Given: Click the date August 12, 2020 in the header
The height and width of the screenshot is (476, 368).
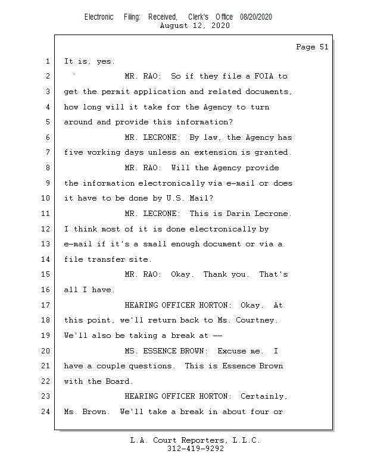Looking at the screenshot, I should [195, 26].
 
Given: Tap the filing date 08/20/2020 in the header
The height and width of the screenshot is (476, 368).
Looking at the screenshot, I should [256, 17].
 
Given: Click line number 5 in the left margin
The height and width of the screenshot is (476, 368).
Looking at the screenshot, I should [48, 123].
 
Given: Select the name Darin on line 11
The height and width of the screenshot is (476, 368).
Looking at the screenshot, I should [238, 214].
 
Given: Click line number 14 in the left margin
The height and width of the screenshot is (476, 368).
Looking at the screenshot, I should [46, 259].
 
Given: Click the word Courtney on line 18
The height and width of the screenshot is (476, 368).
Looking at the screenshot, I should [257, 320].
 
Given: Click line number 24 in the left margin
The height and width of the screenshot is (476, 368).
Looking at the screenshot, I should [46, 412].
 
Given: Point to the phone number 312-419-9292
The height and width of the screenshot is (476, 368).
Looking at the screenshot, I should [195, 449].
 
